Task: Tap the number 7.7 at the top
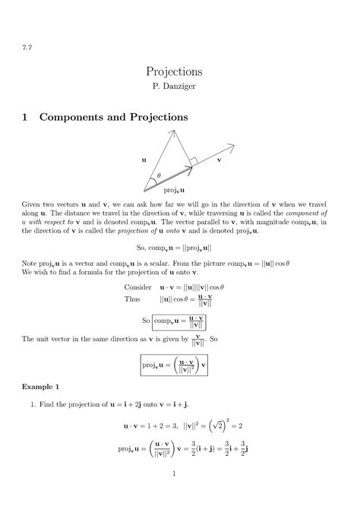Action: coord(26,46)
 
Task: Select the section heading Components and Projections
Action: coord(113,117)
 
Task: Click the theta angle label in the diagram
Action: coord(159,177)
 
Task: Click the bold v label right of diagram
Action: coord(219,160)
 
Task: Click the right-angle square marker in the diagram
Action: coord(194,161)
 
